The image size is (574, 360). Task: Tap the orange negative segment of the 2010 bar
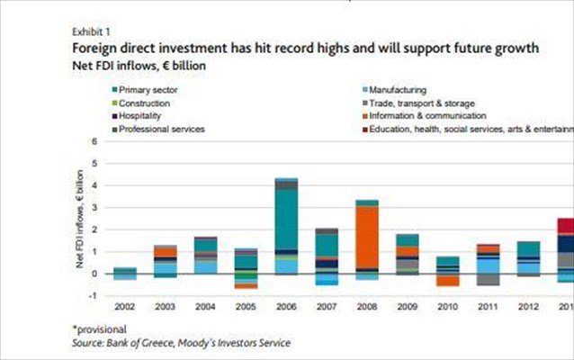[447, 280]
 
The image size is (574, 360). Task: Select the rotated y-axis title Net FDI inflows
[80, 220]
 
